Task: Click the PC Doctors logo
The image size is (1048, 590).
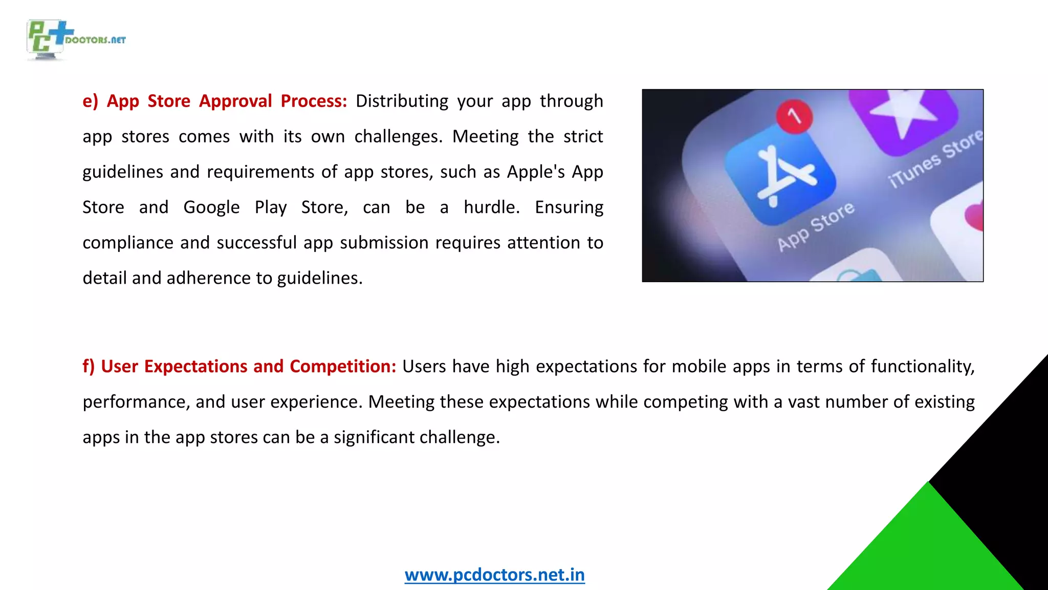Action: [x=75, y=40]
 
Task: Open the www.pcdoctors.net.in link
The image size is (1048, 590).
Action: [x=494, y=575]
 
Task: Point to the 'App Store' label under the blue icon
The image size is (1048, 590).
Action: [x=816, y=226]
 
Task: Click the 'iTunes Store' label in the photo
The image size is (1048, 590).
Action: [x=935, y=158]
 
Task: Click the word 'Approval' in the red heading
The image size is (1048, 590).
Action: [x=235, y=101]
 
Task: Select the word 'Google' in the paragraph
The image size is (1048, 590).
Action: [x=211, y=207]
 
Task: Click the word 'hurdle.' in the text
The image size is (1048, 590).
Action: [x=492, y=207]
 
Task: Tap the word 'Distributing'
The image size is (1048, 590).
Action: [x=402, y=101]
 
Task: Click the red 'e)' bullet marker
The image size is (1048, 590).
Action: [x=90, y=101]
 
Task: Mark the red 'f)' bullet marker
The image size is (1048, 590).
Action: [x=89, y=366]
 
